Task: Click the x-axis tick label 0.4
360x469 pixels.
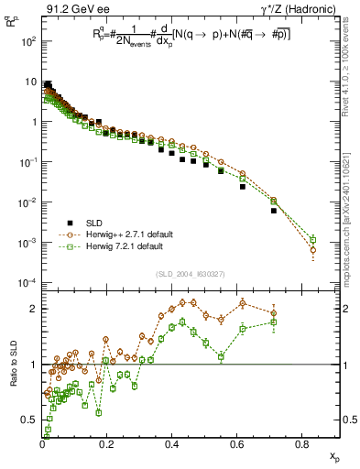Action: click(x=172, y=445)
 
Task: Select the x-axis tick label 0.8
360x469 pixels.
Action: click(x=302, y=445)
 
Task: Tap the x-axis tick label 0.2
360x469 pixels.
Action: click(x=107, y=445)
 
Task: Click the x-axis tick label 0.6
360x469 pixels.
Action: click(x=237, y=445)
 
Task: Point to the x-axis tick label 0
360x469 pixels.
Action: click(x=43, y=445)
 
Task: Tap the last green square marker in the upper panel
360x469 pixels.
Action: click(x=313, y=240)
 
